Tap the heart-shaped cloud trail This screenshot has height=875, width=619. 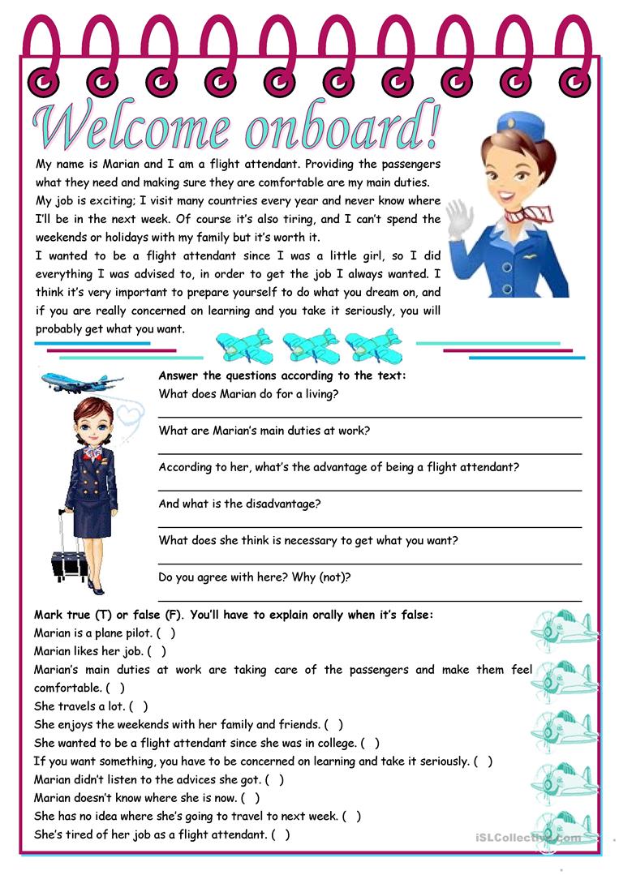[130, 414]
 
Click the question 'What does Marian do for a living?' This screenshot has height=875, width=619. [248, 394]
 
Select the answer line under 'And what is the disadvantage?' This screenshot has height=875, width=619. [369, 527]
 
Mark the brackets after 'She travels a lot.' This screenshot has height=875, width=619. [138, 706]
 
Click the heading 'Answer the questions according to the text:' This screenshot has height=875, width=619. [282, 376]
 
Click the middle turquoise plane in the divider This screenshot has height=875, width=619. [311, 344]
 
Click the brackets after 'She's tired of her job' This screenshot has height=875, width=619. [280, 834]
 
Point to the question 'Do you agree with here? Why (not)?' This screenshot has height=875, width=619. [255, 577]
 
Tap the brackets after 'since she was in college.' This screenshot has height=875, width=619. [369, 743]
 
